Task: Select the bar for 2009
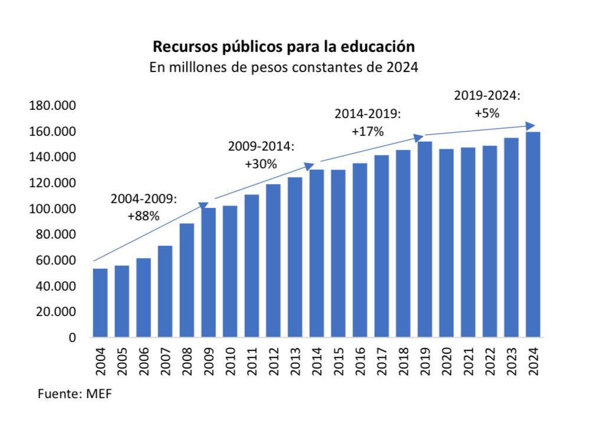[209, 272]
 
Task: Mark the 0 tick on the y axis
[72, 338]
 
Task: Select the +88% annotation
[143, 217]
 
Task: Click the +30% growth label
[260, 164]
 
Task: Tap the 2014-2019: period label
[367, 114]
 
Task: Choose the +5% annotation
[487, 113]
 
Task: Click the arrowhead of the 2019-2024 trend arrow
[531, 126]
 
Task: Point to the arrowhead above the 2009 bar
[203, 206]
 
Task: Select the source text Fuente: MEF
[74, 394]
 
